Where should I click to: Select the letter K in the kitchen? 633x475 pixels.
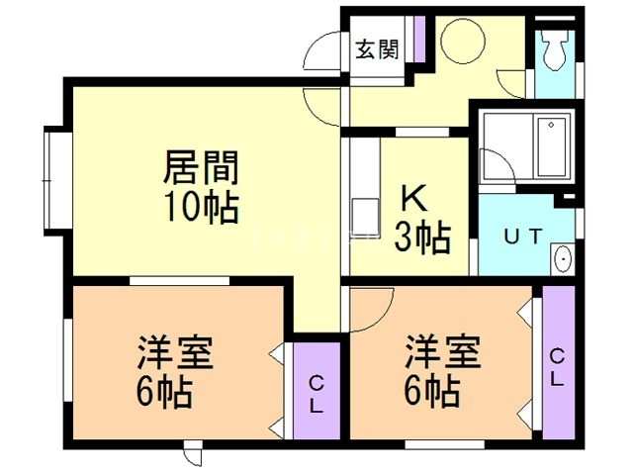pyautogui.click(x=412, y=199)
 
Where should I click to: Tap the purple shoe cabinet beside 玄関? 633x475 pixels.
pyautogui.click(x=418, y=39)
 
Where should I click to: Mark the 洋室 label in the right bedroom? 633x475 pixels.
pyautogui.click(x=441, y=352)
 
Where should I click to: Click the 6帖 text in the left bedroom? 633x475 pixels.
pyautogui.click(x=164, y=394)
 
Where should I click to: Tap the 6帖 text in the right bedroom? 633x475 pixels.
pyautogui.click(x=431, y=392)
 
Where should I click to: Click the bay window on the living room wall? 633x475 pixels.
pyautogui.click(x=51, y=177)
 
